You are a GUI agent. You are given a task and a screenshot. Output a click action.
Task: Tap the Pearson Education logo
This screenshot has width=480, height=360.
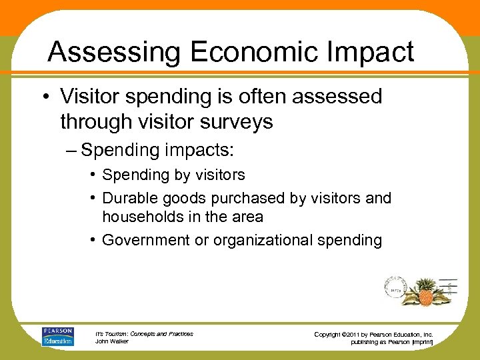pos(57,337)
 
